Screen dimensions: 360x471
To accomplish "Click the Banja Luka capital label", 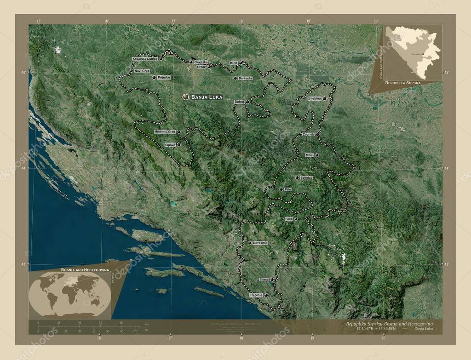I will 207,97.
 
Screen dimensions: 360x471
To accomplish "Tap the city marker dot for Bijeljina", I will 325,99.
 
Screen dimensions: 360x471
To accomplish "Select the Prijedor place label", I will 164,78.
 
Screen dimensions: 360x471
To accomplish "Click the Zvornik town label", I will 308,134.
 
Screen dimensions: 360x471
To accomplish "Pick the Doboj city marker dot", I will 247,102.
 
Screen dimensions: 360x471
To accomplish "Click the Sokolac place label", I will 306,177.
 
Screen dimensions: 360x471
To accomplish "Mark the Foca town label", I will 289,219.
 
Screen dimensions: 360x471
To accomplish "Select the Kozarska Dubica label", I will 145,59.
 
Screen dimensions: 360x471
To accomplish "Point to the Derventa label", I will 245,79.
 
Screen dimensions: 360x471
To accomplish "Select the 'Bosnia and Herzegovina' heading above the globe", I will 84,269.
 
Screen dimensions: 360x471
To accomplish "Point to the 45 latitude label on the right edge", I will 446,73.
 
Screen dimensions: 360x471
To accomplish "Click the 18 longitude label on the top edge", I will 241,21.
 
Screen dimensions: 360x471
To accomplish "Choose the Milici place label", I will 310,155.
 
